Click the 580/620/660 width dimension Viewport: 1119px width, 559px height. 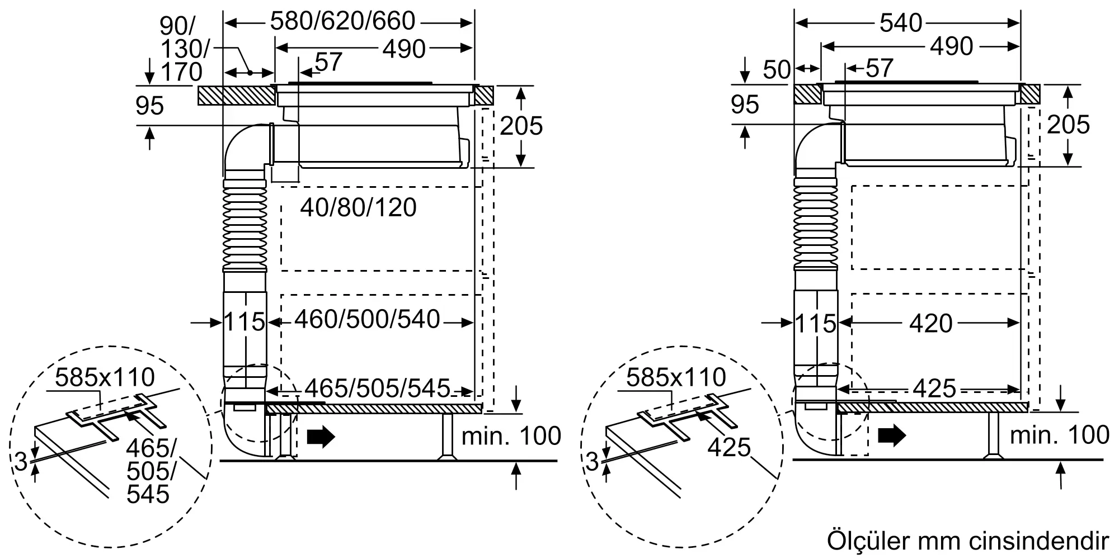click(x=342, y=22)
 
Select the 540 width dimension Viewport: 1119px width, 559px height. click(x=901, y=23)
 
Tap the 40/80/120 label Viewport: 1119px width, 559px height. click(x=359, y=208)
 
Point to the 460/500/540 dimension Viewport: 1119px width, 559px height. click(x=368, y=320)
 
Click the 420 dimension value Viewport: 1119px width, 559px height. click(x=931, y=323)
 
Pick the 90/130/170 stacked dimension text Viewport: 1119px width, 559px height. click(x=181, y=49)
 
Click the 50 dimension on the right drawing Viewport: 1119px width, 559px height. click(x=777, y=70)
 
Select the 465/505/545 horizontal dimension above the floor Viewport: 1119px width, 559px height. click(x=377, y=388)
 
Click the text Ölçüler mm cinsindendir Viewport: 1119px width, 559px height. click(x=968, y=541)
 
